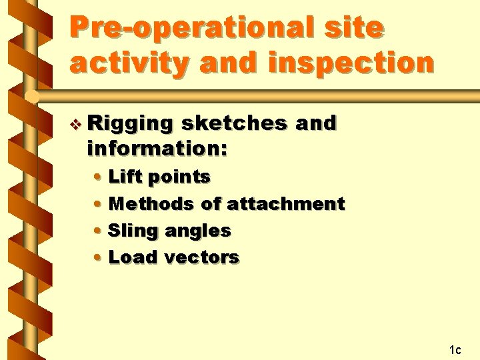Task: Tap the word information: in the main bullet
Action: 157,149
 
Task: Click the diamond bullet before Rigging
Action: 77,124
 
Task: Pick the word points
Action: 179,177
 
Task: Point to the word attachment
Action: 286,203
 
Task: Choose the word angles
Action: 198,231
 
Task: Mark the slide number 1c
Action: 455,349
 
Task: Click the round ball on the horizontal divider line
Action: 31,97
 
